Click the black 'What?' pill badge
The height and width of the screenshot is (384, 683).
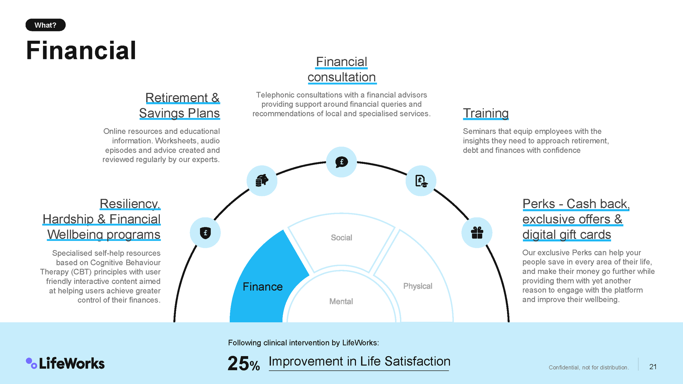(45, 25)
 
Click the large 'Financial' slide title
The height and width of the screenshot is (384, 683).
(81, 51)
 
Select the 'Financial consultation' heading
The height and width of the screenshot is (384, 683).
(341, 69)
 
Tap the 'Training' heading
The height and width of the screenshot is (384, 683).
(485, 113)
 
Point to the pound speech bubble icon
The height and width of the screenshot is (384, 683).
(341, 162)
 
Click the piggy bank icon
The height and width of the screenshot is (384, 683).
(262, 181)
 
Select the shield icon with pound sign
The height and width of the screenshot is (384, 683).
(205, 233)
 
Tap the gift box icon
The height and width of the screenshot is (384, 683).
(477, 233)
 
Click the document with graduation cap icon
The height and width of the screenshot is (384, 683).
(421, 181)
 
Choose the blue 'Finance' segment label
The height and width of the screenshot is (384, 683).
(263, 287)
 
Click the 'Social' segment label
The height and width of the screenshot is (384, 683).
(341, 238)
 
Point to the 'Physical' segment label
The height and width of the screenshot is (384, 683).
(417, 286)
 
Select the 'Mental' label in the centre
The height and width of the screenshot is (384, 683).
(341, 301)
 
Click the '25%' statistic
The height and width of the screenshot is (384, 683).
(243, 364)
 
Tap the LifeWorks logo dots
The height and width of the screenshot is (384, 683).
(31, 363)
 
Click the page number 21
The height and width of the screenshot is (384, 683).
(653, 367)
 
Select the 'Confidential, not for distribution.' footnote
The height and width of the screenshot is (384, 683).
(589, 367)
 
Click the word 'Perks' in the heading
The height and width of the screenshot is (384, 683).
(538, 204)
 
